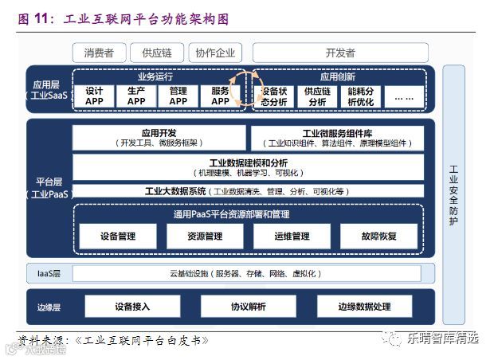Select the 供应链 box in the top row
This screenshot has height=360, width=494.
157,53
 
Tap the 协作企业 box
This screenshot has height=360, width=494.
215,53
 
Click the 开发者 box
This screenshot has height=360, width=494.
340,53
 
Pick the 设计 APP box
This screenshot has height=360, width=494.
94,96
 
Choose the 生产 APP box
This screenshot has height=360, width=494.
136,96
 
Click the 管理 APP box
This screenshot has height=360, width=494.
178,96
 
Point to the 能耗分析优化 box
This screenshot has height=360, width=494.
360,96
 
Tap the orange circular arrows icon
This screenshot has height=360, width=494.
241,88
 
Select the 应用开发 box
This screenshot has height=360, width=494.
159,138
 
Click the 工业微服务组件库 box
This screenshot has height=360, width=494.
337,138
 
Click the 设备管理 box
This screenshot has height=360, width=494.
118,237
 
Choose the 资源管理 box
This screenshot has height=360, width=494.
204,237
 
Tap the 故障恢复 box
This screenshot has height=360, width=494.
379,237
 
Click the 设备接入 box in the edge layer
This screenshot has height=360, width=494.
132,307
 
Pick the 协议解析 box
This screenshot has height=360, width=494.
249,307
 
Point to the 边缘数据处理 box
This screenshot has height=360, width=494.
364,307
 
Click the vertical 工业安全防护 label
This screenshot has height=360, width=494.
453,195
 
